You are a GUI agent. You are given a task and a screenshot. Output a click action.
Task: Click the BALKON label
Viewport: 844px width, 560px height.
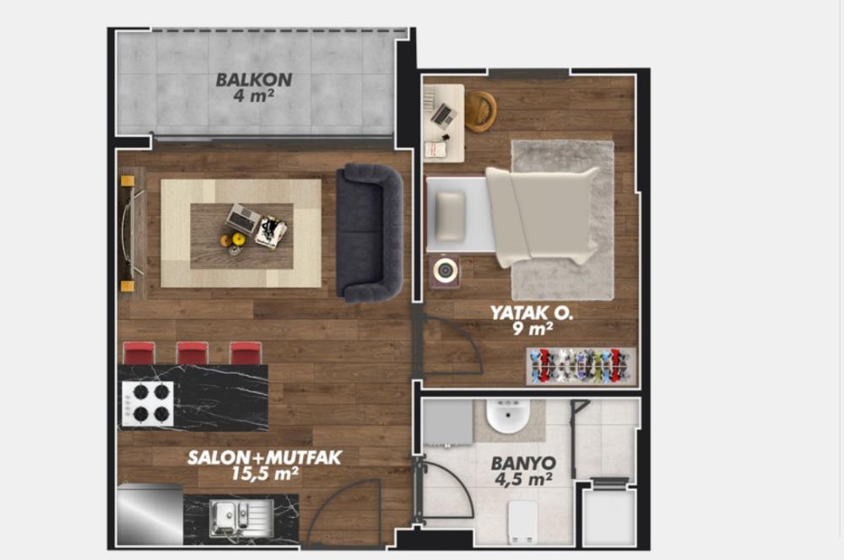(x=254, y=80)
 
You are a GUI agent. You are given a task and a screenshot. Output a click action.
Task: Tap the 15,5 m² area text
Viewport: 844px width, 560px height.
(x=265, y=474)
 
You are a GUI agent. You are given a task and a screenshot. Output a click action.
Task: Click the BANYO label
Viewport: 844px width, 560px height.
(x=523, y=463)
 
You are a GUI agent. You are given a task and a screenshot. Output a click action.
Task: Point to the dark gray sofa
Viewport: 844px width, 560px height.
(x=369, y=234)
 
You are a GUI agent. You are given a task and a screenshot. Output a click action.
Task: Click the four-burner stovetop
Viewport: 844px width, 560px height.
(x=148, y=403)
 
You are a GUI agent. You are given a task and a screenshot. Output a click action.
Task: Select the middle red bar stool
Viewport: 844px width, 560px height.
(x=192, y=353)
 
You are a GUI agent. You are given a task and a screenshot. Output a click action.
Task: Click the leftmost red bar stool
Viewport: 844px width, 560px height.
(x=138, y=353)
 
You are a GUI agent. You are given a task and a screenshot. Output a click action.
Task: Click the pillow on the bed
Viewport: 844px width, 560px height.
(x=451, y=217)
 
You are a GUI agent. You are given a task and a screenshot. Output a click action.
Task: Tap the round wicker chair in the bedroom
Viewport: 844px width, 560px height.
(x=479, y=111)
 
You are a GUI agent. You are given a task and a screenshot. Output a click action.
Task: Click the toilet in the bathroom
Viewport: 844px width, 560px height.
(x=522, y=520)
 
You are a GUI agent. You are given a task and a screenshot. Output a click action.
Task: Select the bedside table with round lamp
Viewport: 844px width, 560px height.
(x=444, y=272)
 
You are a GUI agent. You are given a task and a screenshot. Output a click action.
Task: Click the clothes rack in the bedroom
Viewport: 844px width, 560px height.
(x=581, y=365)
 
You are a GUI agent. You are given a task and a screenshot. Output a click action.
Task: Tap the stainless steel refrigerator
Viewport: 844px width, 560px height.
(x=149, y=515)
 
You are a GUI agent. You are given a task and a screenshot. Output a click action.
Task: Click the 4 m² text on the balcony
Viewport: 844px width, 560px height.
(x=254, y=96)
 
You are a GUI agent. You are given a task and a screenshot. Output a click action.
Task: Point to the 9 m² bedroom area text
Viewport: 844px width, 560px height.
(x=532, y=330)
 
